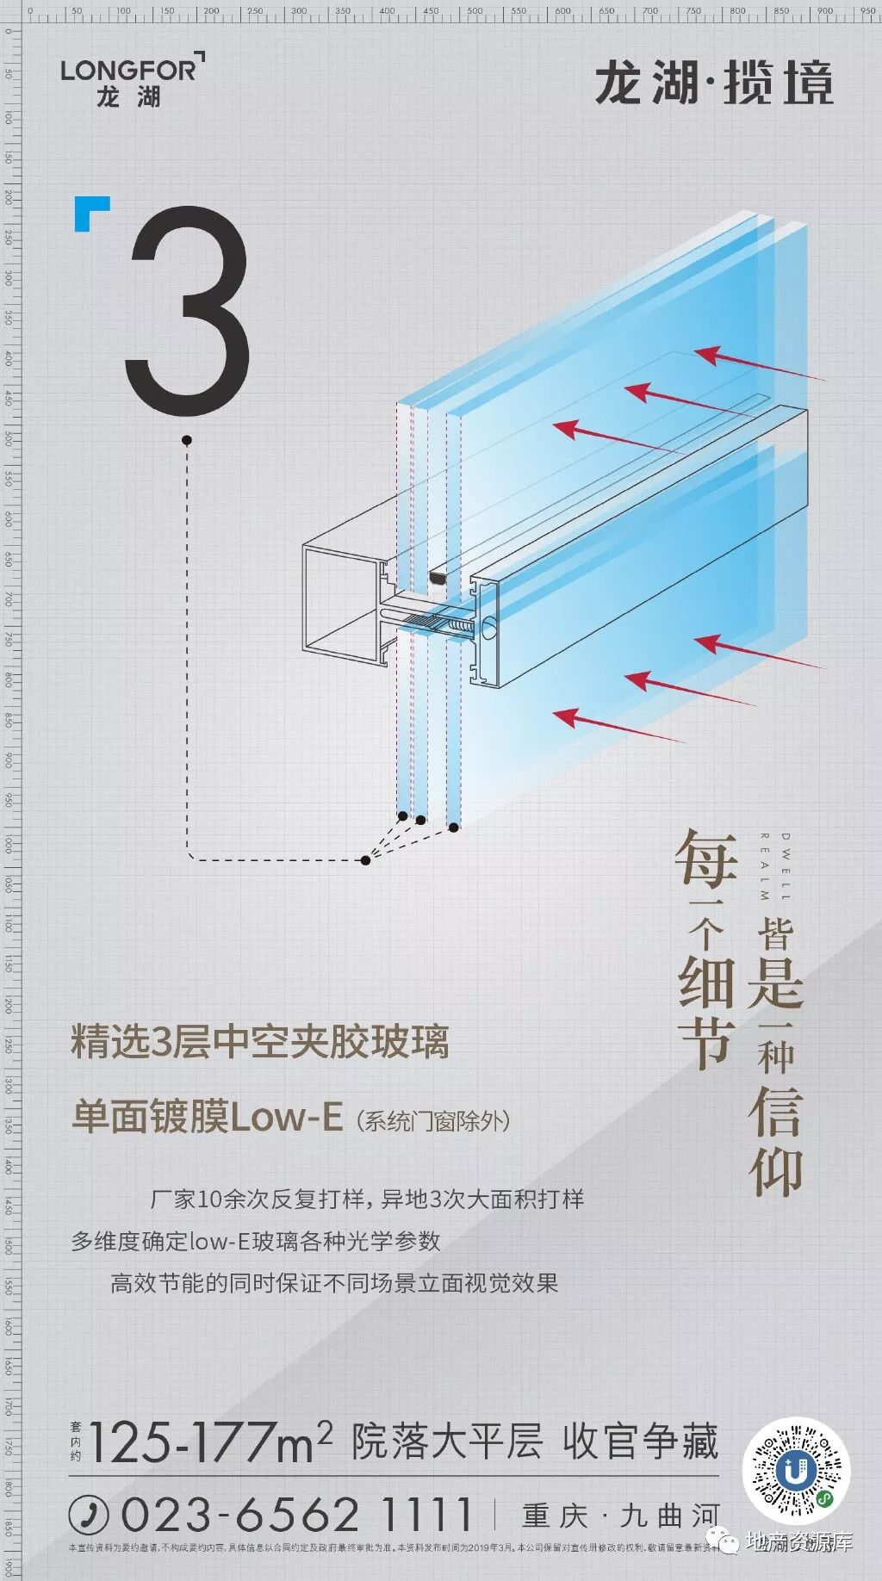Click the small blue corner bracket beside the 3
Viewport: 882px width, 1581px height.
click(x=91, y=213)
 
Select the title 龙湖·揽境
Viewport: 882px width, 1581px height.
click(x=714, y=84)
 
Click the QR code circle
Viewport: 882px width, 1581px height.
click(x=797, y=1472)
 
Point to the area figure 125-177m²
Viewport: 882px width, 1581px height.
click(x=210, y=1443)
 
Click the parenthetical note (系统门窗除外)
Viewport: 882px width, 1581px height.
click(x=433, y=1120)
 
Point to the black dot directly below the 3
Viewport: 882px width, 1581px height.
click(x=187, y=440)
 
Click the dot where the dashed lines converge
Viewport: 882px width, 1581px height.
click(x=366, y=860)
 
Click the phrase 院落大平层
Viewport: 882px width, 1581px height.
click(x=446, y=1442)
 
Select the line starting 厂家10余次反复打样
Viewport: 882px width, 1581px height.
click(x=367, y=1199)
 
